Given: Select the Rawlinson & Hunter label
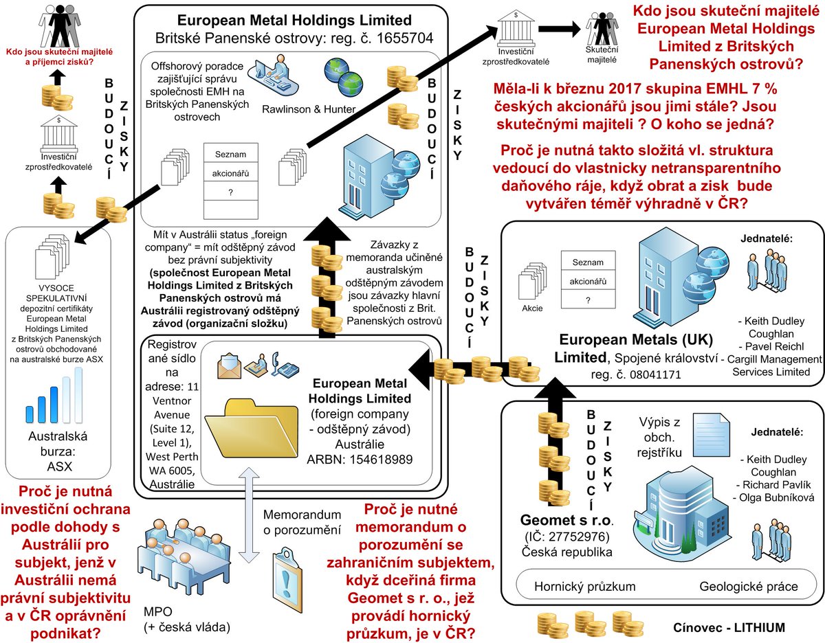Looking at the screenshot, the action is click(x=309, y=109).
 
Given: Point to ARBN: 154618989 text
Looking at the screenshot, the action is click(x=360, y=460).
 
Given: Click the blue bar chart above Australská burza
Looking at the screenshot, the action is click(x=54, y=395).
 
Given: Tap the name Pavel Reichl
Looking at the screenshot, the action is click(x=771, y=346).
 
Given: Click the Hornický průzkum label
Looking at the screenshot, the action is click(x=584, y=587).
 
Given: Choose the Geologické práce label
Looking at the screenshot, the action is click(x=748, y=587).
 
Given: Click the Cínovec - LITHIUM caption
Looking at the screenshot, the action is click(x=729, y=627).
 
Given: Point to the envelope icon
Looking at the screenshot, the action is click(x=229, y=365).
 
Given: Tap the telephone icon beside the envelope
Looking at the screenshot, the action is click(x=285, y=365).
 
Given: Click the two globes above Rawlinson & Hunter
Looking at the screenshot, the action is click(x=343, y=77).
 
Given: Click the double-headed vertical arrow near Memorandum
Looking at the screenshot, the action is click(x=249, y=515).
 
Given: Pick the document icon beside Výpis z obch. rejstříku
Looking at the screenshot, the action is click(x=711, y=434).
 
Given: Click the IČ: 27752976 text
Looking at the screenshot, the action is click(x=566, y=537).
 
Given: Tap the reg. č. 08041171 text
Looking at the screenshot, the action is click(x=636, y=375).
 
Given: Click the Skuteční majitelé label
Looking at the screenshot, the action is click(x=602, y=55).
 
